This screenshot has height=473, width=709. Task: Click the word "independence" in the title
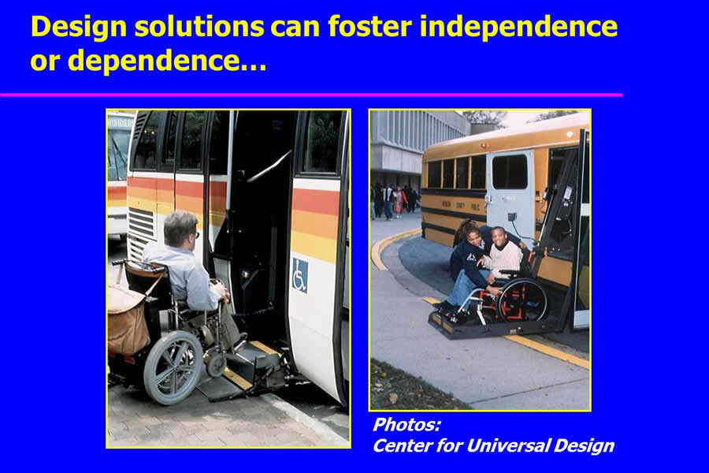(518, 26)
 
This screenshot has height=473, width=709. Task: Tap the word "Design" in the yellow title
(79, 27)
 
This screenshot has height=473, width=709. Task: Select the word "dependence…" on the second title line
(167, 61)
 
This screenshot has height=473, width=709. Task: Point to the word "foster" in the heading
(370, 26)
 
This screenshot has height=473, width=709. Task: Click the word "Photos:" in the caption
(406, 425)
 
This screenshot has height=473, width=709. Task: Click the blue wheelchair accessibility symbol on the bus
(300, 275)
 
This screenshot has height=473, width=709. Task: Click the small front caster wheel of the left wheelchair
(217, 365)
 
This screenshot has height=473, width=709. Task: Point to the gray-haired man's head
(181, 229)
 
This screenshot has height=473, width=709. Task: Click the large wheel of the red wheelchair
(522, 300)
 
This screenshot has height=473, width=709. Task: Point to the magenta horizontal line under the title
(311, 95)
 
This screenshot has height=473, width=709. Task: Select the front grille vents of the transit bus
(142, 232)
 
